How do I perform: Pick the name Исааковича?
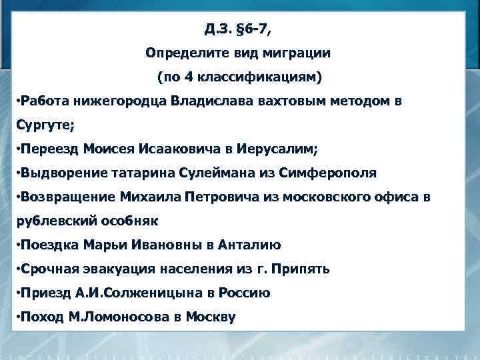coord(175,148)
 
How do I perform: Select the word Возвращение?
coord(67,197)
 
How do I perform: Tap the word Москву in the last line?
coord(211,317)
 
